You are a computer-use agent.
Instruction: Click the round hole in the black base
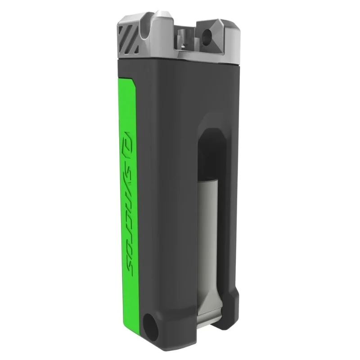coord(151,327)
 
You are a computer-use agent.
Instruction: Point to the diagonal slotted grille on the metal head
coord(129,39)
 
